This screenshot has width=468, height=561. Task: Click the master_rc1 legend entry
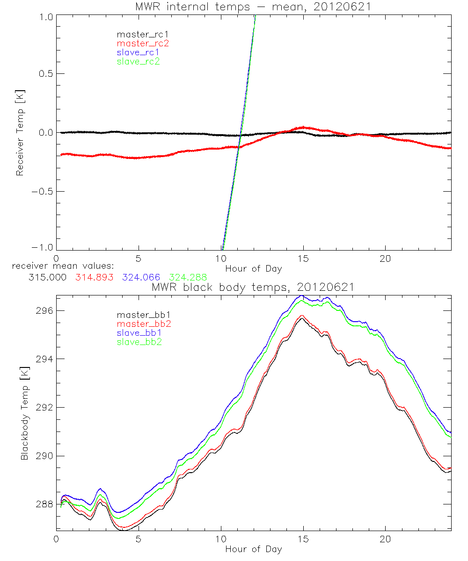(x=139, y=35)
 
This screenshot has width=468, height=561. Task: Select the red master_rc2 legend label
(x=143, y=43)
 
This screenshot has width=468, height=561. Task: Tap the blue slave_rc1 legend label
(x=139, y=52)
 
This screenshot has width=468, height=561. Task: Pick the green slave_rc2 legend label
(x=139, y=61)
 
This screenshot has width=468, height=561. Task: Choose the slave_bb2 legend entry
(x=139, y=343)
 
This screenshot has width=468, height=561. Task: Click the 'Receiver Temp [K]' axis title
(x=20, y=133)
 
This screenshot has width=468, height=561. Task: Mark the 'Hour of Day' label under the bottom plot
(x=254, y=549)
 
